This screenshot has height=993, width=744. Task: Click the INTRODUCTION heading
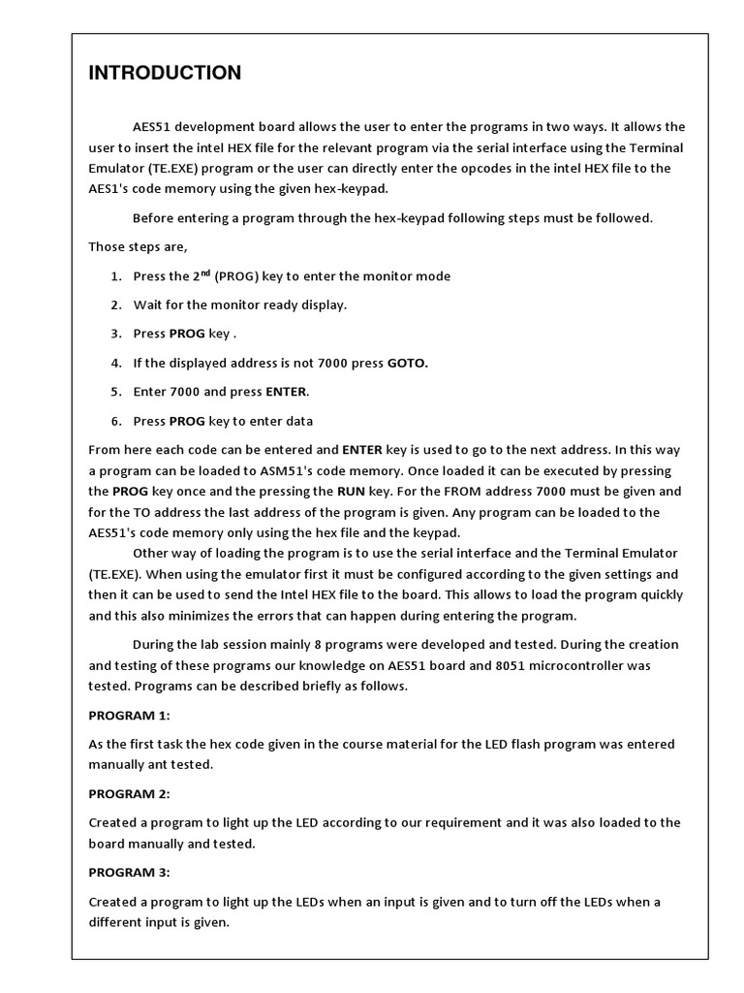click(x=165, y=74)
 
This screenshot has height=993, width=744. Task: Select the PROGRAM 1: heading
click(x=129, y=715)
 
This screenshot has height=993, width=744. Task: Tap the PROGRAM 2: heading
click(x=129, y=793)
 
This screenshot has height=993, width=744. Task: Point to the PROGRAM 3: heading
click(x=129, y=872)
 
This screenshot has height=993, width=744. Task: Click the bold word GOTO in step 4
click(x=407, y=363)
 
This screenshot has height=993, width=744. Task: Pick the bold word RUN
click(x=351, y=492)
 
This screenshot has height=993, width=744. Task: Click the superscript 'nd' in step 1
click(x=204, y=272)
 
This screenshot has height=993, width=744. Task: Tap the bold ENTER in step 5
click(x=286, y=392)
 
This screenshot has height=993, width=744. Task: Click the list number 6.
click(x=115, y=421)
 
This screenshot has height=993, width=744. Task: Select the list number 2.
click(x=115, y=304)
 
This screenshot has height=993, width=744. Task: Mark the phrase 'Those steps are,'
click(x=138, y=246)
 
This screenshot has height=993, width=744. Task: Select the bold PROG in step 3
click(x=187, y=334)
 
